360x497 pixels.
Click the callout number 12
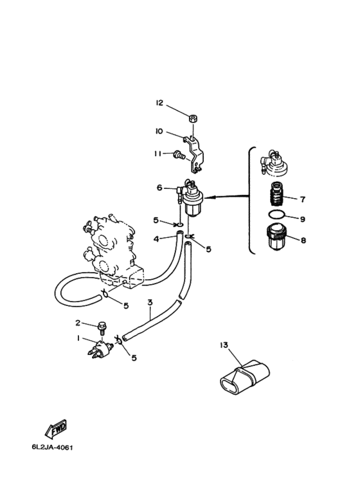coord(159,103)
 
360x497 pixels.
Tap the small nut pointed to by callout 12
coord(192,119)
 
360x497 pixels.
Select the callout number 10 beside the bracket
coord(159,131)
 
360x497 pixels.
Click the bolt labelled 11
coord(179,156)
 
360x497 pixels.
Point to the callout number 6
coord(159,188)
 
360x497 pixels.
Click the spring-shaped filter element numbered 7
coord(276,194)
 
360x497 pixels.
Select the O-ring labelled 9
coord(276,215)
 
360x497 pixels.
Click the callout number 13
coord(224,345)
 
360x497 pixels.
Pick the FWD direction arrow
coord(56,429)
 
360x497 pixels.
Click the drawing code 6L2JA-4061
coord(52,447)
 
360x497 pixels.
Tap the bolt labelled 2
coord(102,328)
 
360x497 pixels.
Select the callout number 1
coord(78,339)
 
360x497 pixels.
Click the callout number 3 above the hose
coord(150,302)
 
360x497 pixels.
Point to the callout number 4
coord(156,239)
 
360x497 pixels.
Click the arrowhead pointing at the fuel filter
coord(209,197)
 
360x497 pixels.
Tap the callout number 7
coord(303,199)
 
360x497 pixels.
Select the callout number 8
coord(303,240)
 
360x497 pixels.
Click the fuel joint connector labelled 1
coord(100,349)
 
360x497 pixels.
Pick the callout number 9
coord(303,219)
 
